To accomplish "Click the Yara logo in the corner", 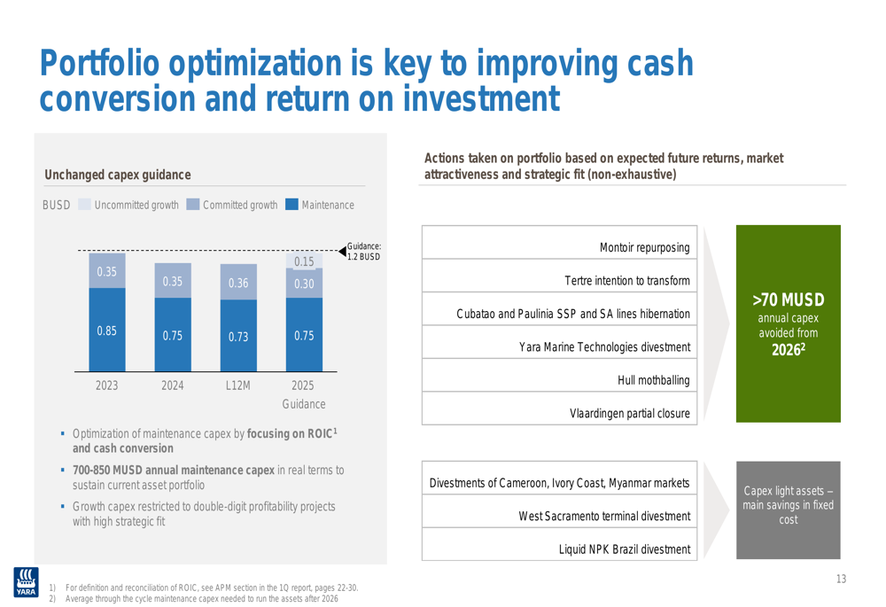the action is click(26, 582).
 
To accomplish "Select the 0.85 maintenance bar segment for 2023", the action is click(107, 330).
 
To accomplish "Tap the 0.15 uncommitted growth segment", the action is click(304, 261).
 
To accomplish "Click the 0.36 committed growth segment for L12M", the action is click(238, 282).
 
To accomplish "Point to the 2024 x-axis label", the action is click(173, 385).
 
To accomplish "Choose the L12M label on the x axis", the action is click(237, 385).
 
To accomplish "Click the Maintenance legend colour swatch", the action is click(291, 204).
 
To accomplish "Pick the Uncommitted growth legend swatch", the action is click(84, 204).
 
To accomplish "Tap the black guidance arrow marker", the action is click(342, 251).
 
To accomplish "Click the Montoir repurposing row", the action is click(559, 243).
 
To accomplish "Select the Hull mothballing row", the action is click(559, 376).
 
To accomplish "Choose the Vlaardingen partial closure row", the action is click(559, 408).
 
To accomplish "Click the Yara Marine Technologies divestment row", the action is click(559, 342).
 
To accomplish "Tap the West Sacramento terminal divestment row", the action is click(559, 511).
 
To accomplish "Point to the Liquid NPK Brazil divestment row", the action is click(559, 544).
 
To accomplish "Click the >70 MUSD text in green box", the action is click(789, 300).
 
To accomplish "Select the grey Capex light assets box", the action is click(789, 510).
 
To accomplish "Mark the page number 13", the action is click(841, 579).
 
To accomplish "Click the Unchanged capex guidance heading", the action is click(118, 175).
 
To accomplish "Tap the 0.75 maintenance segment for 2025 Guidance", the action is click(304, 335).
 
